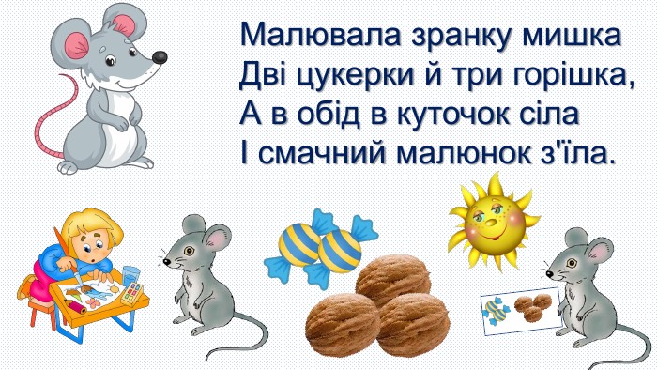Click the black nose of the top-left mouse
click(160, 57)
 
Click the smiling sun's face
click(492, 224)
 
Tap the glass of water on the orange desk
click(130, 277)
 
